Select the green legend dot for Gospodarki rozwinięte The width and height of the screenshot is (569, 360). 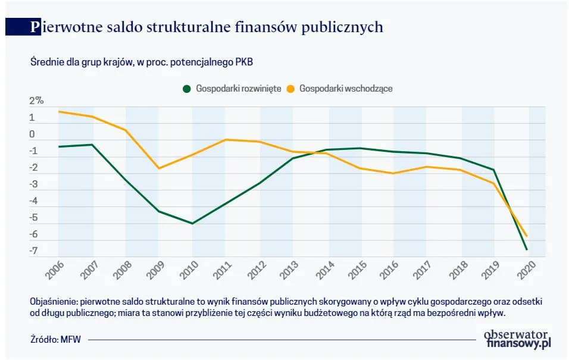tap(186, 89)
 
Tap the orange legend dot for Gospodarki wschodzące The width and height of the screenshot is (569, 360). tap(291, 89)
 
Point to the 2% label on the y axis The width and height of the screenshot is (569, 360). tap(37, 101)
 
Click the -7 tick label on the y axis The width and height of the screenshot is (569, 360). tap(34, 251)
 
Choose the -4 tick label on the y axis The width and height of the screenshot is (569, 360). tap(34, 201)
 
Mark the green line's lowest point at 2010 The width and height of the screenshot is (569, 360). tap(192, 224)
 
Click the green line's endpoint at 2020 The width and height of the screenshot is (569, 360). tap(527, 250)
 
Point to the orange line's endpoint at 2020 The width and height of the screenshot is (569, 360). tap(527, 236)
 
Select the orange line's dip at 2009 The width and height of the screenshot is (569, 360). tap(159, 168)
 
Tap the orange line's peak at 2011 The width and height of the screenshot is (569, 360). tap(226, 140)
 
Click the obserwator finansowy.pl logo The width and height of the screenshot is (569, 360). tap(518, 339)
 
